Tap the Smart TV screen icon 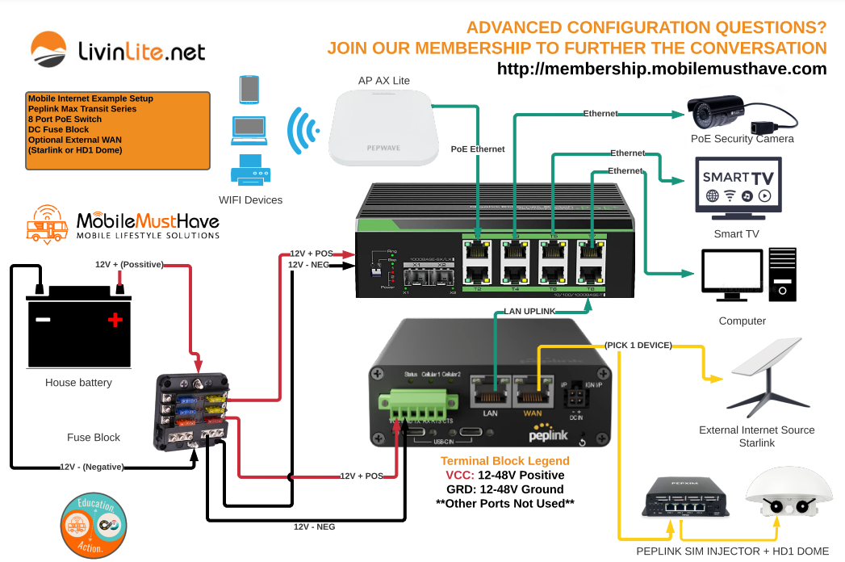[738, 187]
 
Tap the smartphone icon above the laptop [249, 90]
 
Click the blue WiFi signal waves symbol [302, 128]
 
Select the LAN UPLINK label [529, 311]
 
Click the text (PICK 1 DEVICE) [638, 345]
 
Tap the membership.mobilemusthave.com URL [662, 69]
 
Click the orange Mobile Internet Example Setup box [118, 130]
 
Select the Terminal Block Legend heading [504, 461]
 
